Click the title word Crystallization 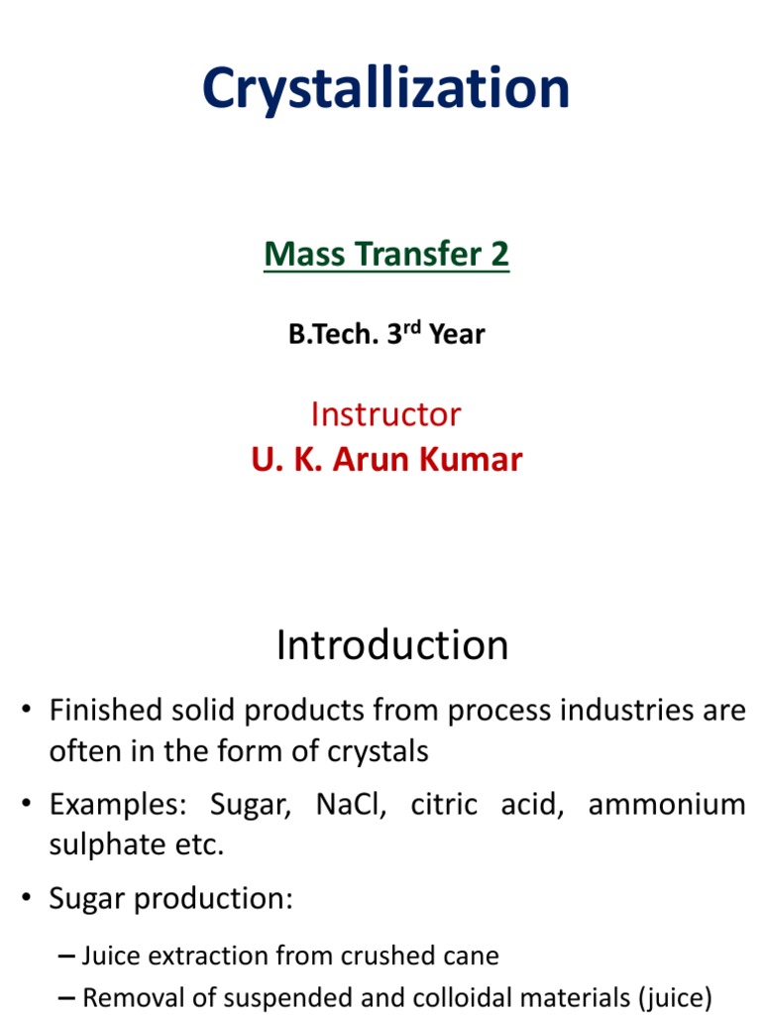coord(385,89)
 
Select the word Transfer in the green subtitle coord(412,255)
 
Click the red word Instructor coord(385,413)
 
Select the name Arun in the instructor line coord(375,460)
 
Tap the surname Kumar coord(471,460)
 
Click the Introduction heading coord(392,645)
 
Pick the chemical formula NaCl coord(349,804)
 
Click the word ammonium coord(666,804)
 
